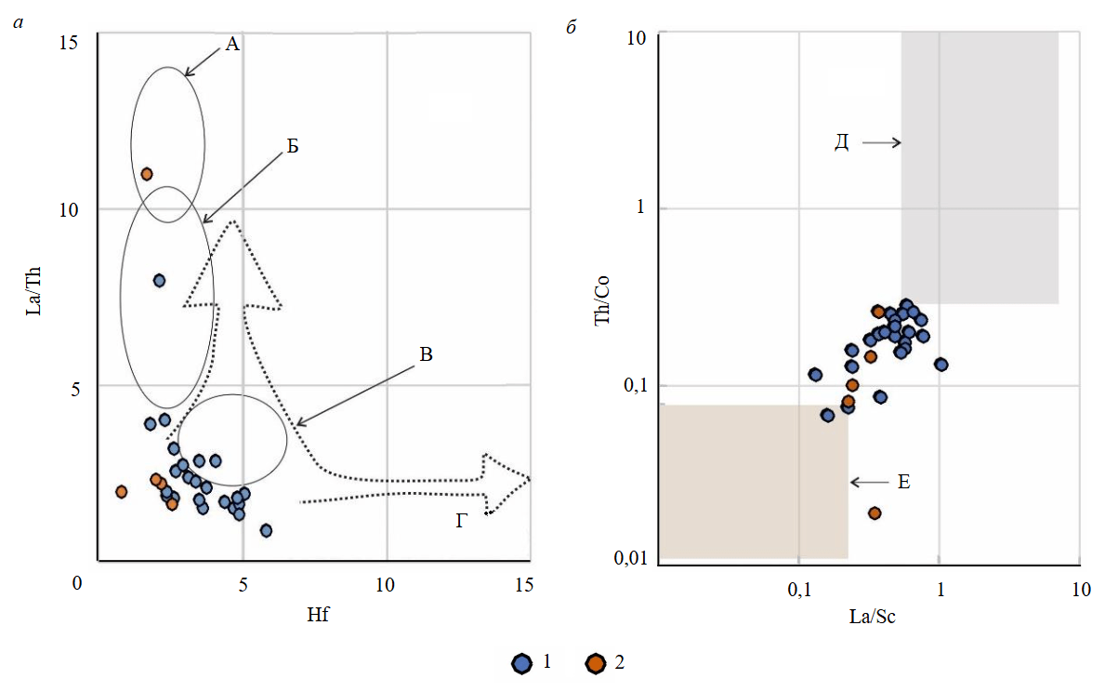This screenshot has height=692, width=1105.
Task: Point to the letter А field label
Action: coord(231,44)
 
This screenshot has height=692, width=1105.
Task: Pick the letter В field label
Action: coord(426,354)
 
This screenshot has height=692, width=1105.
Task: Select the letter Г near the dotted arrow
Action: coord(463,522)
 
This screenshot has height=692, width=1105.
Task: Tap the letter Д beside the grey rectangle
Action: coord(841,142)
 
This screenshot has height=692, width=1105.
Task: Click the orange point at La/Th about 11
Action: coord(146,174)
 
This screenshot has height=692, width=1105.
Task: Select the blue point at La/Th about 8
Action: coord(159,280)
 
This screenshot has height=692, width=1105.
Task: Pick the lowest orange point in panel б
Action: coord(874,513)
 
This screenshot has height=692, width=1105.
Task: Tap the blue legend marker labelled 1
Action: coord(522,663)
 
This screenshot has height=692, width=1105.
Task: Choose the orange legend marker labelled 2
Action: coord(595,663)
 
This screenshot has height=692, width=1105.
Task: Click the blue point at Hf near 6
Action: coord(266,530)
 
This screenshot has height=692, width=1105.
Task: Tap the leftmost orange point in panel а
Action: coord(121,491)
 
